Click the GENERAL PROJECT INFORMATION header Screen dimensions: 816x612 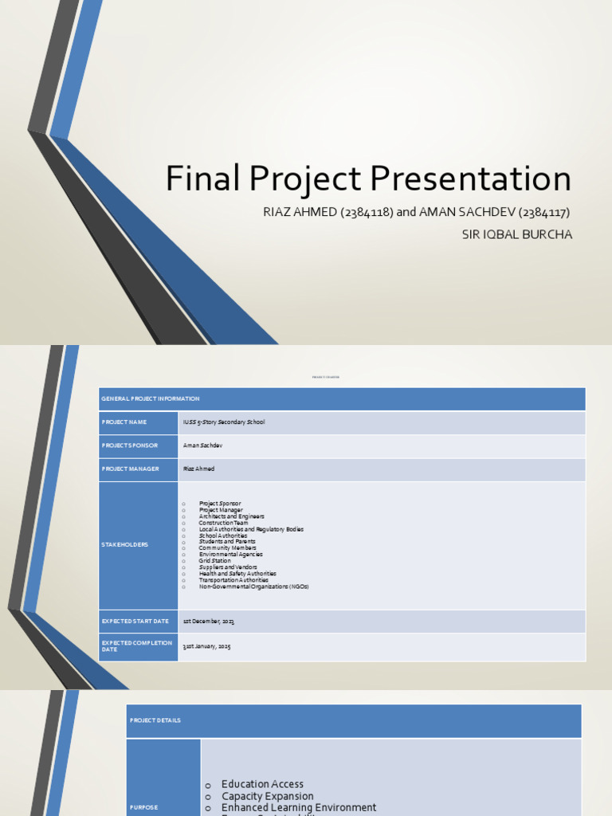tap(151, 398)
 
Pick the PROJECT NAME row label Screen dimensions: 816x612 tap(123, 422)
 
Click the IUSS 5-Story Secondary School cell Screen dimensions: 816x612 tap(224, 422)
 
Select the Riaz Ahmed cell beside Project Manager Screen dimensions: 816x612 tap(198, 469)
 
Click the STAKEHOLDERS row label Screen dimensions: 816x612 tap(124, 545)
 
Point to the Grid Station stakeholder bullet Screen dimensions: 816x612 tap(214, 561)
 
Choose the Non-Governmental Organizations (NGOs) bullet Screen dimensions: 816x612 tap(253, 586)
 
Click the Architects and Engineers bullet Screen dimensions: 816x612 tap(231, 516)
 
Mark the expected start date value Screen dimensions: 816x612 tap(209, 621)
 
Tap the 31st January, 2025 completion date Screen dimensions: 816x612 tap(206, 646)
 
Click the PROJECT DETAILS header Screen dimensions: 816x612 tap(155, 720)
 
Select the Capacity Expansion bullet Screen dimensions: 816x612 tap(267, 796)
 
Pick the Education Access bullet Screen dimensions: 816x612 tap(262, 784)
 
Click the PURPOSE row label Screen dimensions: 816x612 tap(143, 807)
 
